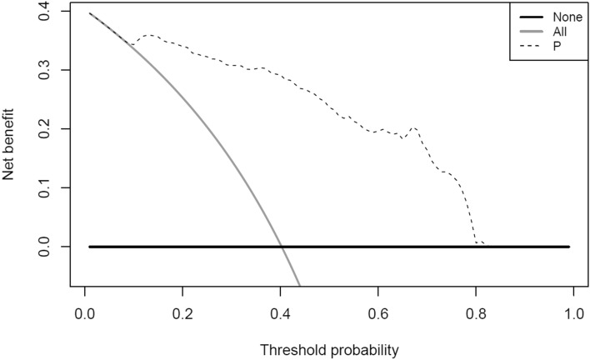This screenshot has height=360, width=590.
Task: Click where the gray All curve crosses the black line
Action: click(x=282, y=247)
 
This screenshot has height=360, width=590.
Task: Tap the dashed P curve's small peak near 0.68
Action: click(x=414, y=127)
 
